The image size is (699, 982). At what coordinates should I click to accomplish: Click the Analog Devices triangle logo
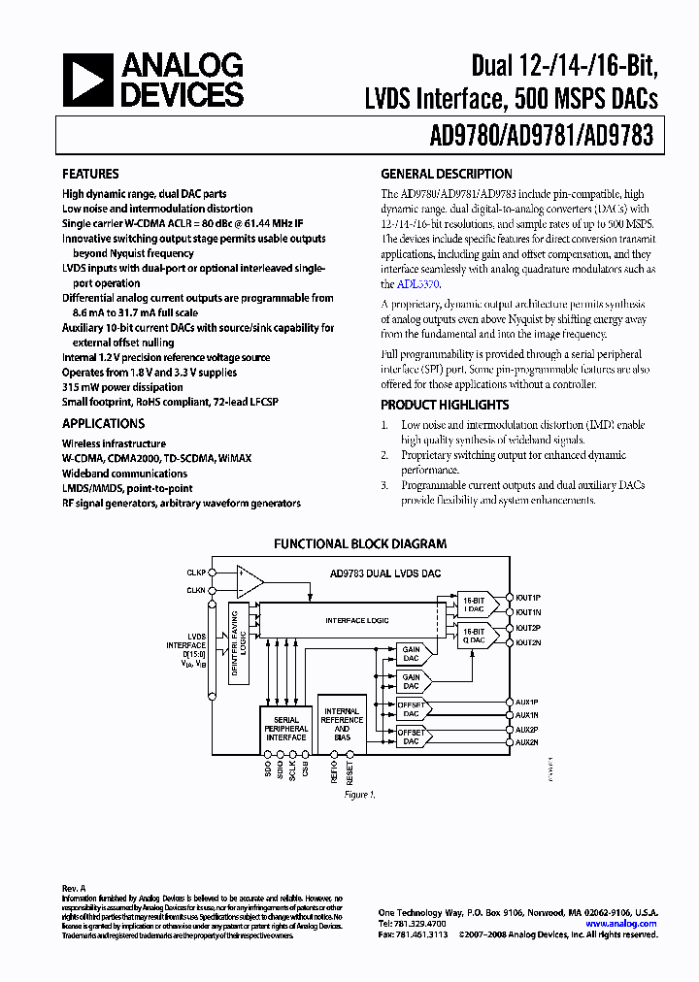click(86, 80)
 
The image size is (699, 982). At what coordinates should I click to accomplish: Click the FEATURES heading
click(90, 175)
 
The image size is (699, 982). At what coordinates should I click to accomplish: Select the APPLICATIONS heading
click(103, 424)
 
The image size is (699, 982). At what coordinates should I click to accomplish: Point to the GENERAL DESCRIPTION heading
click(446, 175)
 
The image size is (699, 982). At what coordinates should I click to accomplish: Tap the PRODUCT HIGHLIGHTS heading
click(445, 405)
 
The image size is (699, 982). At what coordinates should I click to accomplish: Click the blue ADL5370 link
click(417, 284)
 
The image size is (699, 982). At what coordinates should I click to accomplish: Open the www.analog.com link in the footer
click(621, 924)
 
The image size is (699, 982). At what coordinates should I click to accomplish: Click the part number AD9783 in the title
click(619, 138)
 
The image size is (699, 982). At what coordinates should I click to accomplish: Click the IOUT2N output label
click(527, 642)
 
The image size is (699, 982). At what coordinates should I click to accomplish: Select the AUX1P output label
click(526, 702)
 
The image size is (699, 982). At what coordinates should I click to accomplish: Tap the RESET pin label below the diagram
click(350, 772)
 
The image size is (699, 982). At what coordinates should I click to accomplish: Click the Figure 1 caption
click(359, 795)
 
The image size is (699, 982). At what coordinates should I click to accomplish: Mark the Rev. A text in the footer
click(74, 888)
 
